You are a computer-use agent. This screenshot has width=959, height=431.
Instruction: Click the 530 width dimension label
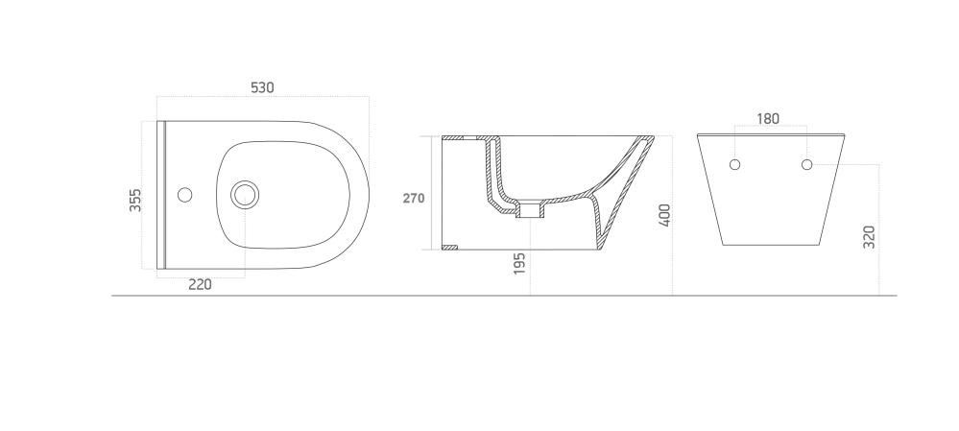pos(262,87)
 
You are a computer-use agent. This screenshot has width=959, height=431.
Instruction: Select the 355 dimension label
pos(135,200)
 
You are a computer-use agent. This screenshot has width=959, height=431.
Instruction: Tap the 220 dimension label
pos(200,284)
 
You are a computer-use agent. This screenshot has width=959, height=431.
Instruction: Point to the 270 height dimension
pos(414,198)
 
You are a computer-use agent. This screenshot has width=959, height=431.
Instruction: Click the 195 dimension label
pos(519,263)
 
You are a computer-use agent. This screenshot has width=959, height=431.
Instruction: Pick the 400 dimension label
pos(665,215)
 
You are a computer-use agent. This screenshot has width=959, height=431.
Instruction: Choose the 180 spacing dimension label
pos(768,119)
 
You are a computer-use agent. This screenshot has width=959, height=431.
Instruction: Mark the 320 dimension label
pos(869,237)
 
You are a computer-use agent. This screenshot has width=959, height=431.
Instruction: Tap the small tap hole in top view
pos(184,195)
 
